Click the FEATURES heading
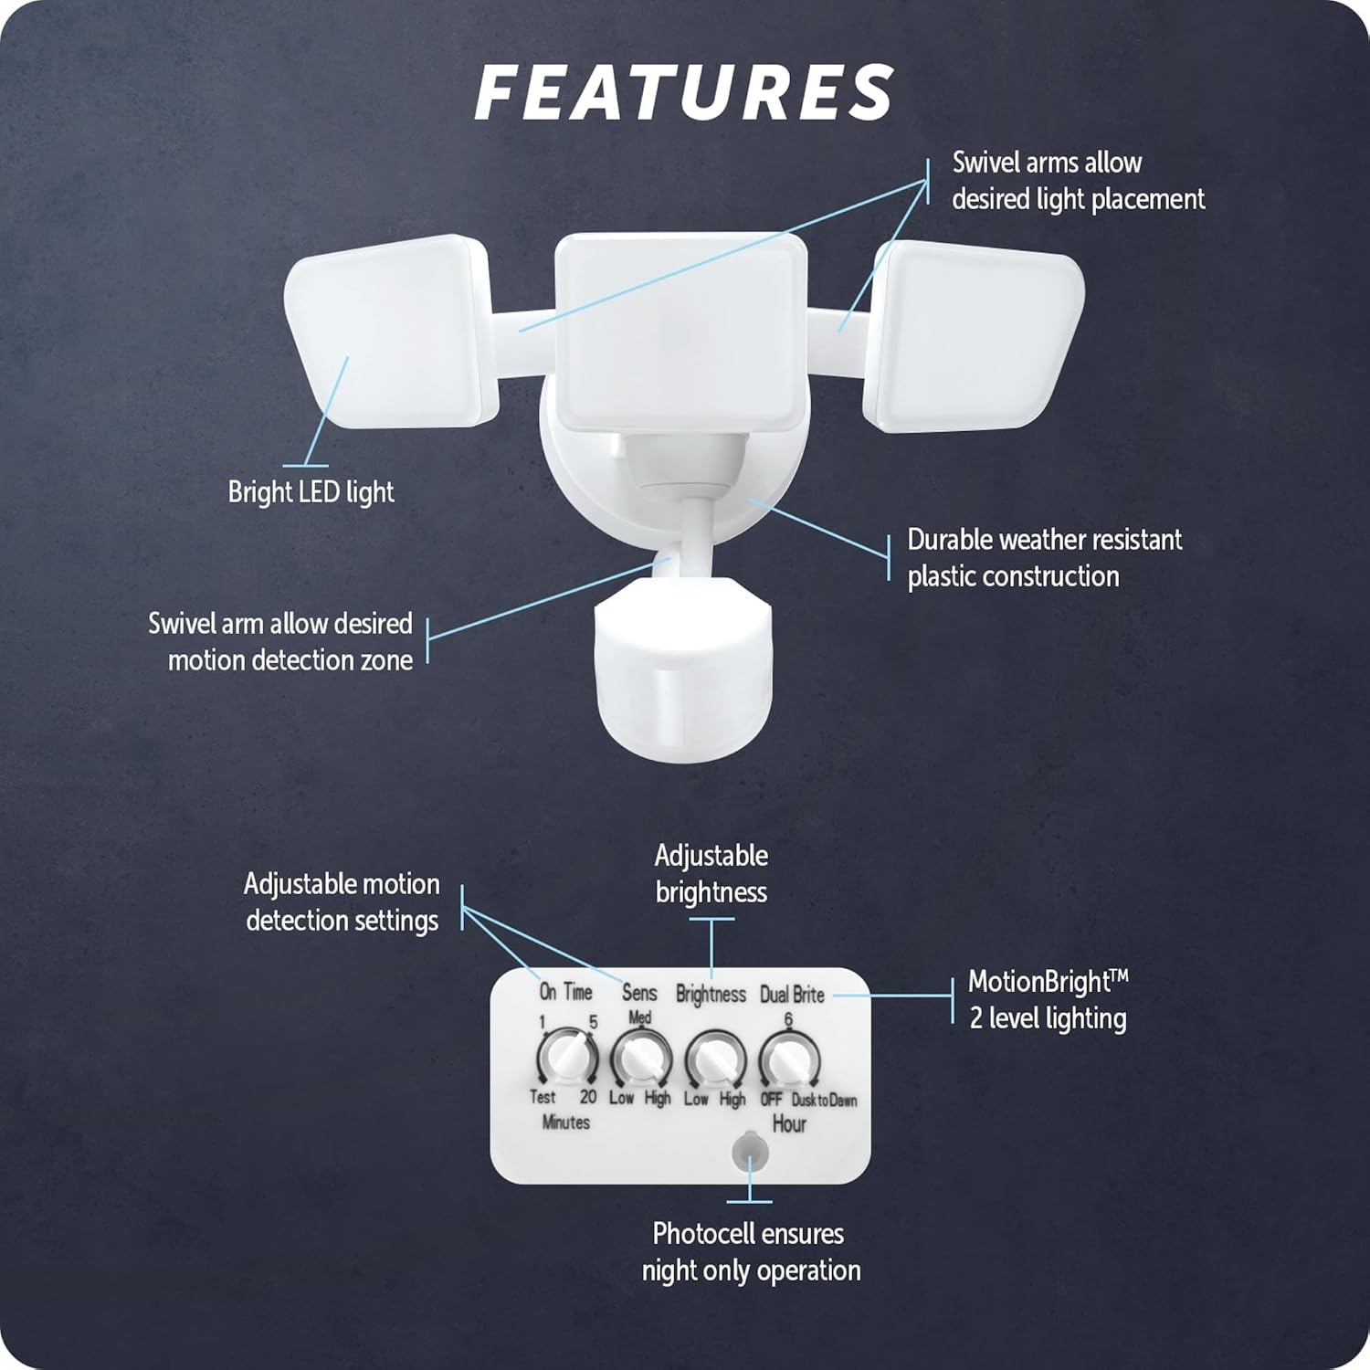coord(684,92)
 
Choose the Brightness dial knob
coord(715,1059)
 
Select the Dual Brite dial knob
coord(789,1059)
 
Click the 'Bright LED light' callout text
coord(311,492)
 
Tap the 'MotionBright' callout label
coord(1049,982)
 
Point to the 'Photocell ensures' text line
coord(748,1234)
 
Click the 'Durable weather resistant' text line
coord(1045,540)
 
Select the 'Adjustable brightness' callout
coord(711,874)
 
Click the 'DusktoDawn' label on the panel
coord(824,1100)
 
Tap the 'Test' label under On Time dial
coord(543,1097)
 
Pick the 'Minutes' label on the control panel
coord(566,1122)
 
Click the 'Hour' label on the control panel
coord(789,1124)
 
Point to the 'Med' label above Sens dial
coord(640,1017)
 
